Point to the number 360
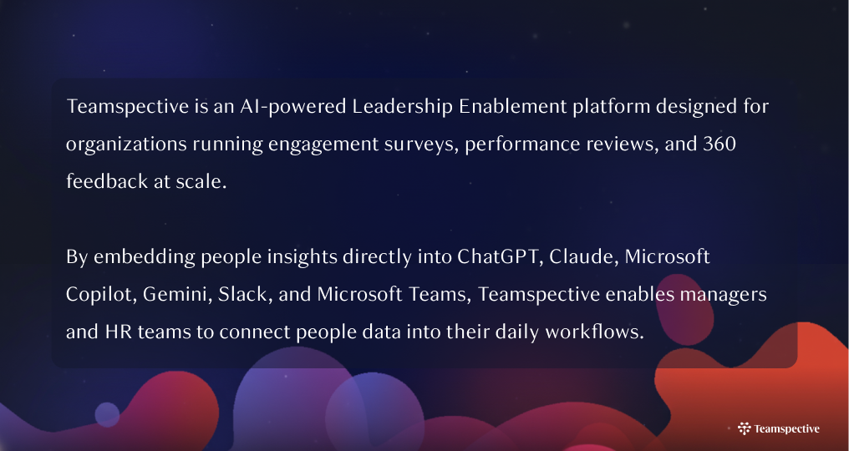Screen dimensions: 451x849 coord(719,144)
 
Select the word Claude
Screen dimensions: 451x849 coord(578,256)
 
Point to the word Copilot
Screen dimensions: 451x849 coord(100,294)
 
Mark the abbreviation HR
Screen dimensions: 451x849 coord(117,332)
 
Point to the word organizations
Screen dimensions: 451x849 coord(125,144)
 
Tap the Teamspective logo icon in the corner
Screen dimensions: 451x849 coord(744,428)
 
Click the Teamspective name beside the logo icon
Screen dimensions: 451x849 coord(786,428)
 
